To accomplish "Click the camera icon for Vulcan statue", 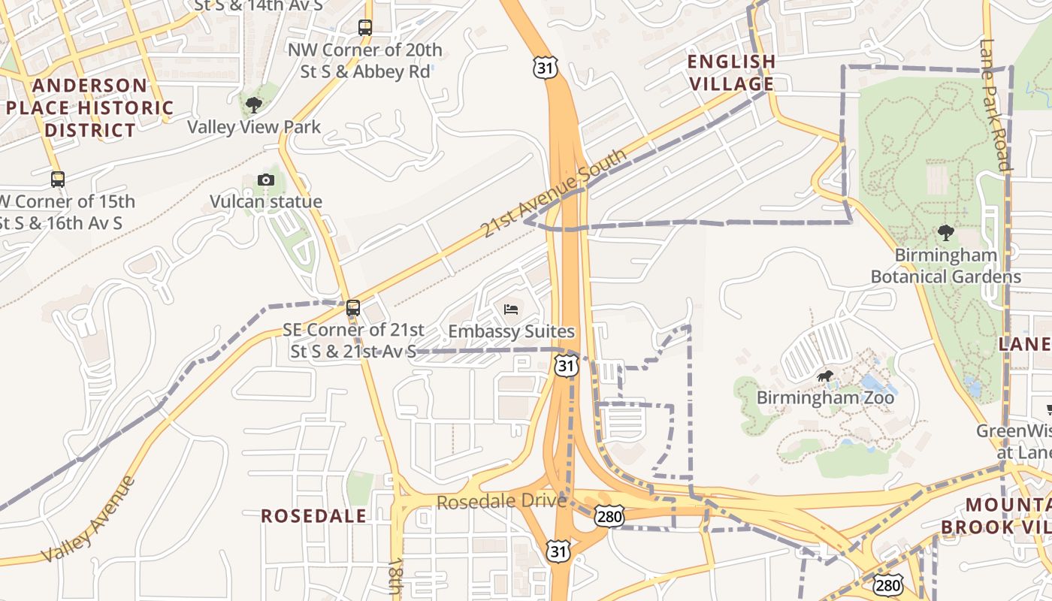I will (x=265, y=180).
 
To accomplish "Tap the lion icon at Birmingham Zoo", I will (x=825, y=376).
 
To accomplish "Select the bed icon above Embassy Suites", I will (x=511, y=309).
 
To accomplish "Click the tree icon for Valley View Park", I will (x=254, y=104).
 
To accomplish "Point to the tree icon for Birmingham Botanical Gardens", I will (x=945, y=233).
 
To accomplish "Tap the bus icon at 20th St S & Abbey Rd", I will (x=365, y=28).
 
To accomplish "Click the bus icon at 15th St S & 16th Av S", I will (x=58, y=180).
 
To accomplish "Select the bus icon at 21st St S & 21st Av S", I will (x=352, y=308).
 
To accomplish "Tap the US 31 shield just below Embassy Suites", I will (x=567, y=367).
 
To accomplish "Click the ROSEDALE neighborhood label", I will (x=314, y=516).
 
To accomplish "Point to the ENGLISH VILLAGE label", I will (x=731, y=72).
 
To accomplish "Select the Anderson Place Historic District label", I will (x=90, y=107).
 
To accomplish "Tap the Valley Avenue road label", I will (x=89, y=519).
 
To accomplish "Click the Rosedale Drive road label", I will (x=501, y=501).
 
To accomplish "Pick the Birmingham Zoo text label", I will (x=825, y=397).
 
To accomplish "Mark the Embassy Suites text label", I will (x=511, y=331).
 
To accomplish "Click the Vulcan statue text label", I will (x=266, y=201).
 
